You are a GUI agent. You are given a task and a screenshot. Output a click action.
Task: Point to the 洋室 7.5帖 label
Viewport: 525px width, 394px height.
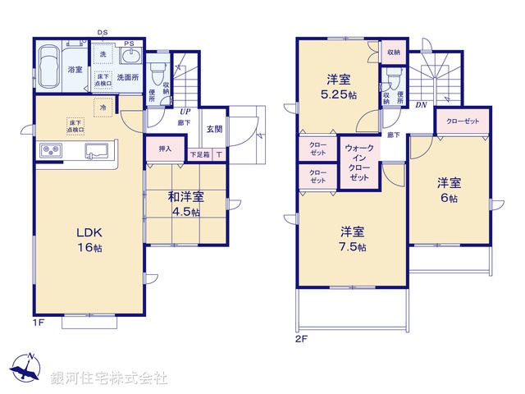pyautogui.click(x=354, y=238)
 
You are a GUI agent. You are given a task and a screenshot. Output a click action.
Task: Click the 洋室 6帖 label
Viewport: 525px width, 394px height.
pyautogui.click(x=447, y=190)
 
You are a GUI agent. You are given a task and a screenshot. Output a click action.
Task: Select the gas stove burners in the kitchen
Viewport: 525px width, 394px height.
pyautogui.click(x=52, y=151)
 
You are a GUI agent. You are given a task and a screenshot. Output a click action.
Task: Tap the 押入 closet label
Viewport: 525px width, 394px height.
pyautogui.click(x=165, y=149)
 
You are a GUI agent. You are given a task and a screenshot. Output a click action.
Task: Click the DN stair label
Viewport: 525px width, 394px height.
pyautogui.click(x=420, y=106)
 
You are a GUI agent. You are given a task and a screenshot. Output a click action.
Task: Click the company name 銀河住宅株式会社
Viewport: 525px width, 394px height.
pyautogui.click(x=108, y=378)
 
